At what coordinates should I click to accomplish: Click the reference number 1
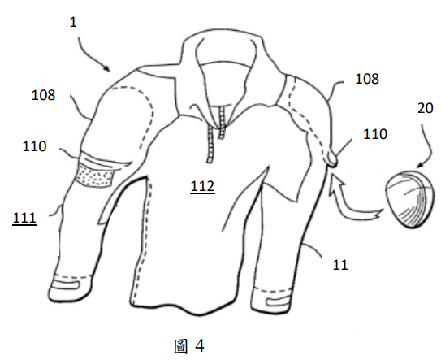click(x=73, y=22)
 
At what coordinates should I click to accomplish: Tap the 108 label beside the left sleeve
click(x=43, y=95)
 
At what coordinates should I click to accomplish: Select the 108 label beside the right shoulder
click(x=367, y=79)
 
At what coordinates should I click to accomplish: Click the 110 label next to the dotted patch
click(x=34, y=146)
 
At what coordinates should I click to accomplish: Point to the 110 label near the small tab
click(x=375, y=134)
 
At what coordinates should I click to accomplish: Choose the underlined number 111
click(x=24, y=219)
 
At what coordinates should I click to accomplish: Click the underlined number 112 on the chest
click(x=202, y=187)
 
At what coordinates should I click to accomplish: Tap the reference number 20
click(x=425, y=108)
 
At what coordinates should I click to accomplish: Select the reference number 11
click(x=340, y=265)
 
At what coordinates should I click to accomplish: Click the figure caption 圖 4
click(x=189, y=346)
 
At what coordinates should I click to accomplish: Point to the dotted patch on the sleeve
click(x=95, y=176)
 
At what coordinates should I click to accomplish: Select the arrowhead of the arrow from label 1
click(x=106, y=67)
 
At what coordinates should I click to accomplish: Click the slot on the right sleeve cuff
click(x=277, y=302)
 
